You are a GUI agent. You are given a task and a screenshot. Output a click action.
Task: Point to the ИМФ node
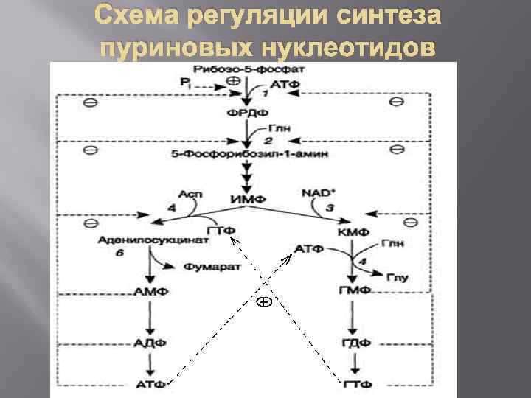pyautogui.click(x=243, y=198)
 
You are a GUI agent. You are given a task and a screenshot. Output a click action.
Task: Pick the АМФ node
pyautogui.click(x=151, y=292)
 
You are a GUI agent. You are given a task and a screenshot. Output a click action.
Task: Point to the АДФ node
pyautogui.click(x=151, y=343)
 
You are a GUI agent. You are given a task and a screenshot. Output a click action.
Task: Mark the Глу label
pyautogui.click(x=398, y=277)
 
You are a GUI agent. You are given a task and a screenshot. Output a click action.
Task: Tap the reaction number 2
pyautogui.click(x=268, y=141)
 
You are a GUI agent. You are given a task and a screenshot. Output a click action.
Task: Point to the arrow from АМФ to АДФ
pyautogui.click(x=151, y=317)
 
